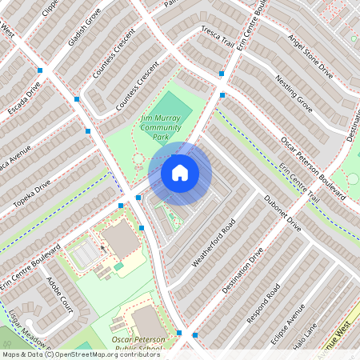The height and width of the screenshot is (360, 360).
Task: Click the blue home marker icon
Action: point(180,173)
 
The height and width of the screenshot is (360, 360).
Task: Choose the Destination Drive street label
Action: point(243,269)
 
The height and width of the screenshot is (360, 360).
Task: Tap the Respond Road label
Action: point(263,302)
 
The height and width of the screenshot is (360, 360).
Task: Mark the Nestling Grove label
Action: point(294,91)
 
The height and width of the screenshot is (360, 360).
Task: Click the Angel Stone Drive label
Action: point(310,57)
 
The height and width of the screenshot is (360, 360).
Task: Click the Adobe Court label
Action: point(60,294)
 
